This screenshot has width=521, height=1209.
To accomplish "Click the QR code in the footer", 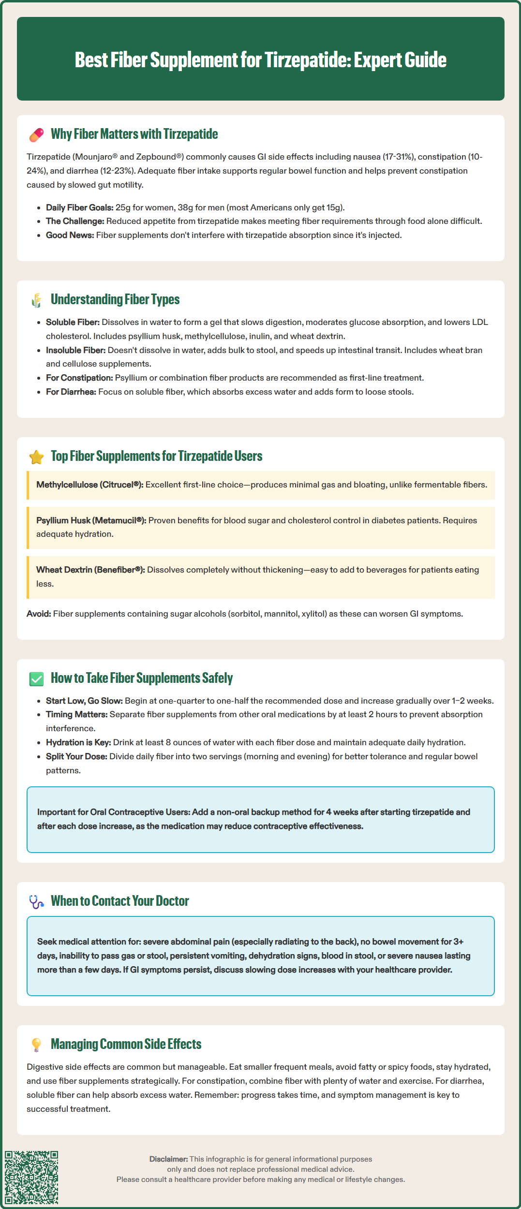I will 31,1177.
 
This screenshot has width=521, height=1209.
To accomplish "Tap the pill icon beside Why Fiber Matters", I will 36,135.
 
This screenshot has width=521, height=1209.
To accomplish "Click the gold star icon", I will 36,457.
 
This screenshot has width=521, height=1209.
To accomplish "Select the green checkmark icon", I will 36,679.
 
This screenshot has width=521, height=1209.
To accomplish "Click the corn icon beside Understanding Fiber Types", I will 36,300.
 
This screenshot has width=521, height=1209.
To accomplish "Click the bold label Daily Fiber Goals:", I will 79,207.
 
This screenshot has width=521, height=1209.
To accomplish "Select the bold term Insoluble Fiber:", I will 75,350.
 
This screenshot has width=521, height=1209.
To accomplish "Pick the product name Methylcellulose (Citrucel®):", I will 89,485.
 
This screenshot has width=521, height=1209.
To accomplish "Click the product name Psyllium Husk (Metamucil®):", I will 91,520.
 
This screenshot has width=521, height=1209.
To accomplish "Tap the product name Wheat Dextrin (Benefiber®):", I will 90,570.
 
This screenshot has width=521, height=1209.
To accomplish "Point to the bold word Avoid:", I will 39,614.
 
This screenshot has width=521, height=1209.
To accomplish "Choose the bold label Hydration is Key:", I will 78,742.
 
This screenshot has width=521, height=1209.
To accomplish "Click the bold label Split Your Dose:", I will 76,756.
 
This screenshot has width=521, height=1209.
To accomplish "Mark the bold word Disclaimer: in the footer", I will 168,1159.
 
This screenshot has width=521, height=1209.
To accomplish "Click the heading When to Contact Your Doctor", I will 119,901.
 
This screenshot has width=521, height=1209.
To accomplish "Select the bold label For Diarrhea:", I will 71,392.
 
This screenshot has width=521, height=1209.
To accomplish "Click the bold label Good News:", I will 70,235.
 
